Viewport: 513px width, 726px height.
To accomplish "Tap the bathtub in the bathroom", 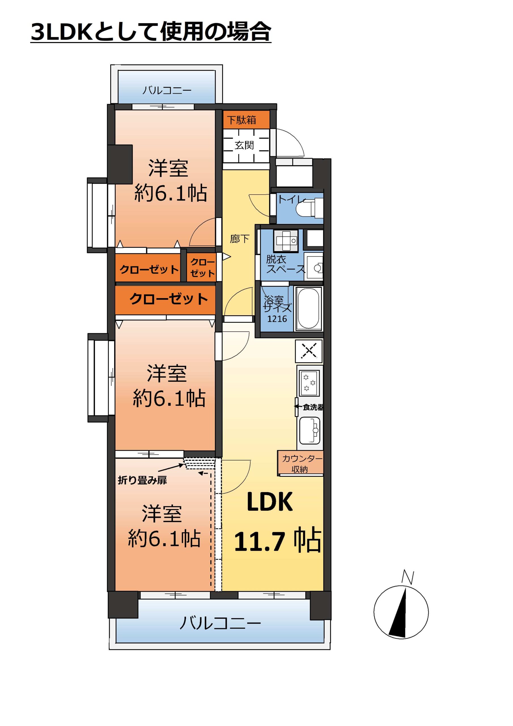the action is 308,309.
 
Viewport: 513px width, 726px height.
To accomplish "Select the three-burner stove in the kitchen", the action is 309,383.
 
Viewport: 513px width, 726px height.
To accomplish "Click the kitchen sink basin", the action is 310,430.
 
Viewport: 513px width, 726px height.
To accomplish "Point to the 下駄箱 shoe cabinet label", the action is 241,120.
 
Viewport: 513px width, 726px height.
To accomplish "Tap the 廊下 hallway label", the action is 239,239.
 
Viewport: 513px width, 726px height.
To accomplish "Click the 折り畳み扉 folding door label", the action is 142,480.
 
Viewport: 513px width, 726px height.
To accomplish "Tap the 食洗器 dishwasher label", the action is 313,407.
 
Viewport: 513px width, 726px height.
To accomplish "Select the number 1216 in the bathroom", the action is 277,319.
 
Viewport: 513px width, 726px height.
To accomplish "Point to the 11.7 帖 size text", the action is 277,541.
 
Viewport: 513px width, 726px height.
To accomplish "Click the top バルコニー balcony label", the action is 167,90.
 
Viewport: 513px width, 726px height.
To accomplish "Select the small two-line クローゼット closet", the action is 202,267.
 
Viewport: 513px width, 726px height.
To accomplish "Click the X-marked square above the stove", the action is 309,351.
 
